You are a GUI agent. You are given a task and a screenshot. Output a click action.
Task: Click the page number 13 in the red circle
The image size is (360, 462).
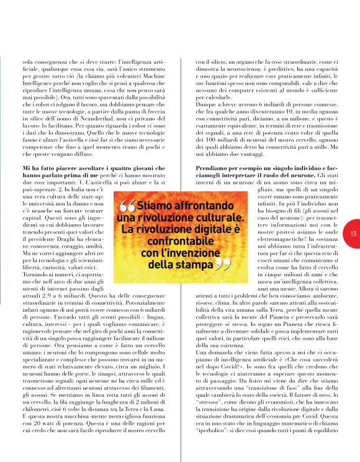click(x=353, y=234)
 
